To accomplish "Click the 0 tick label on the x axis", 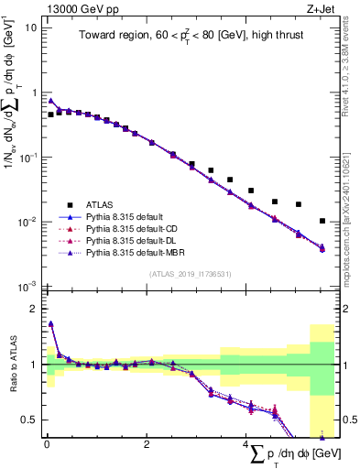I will coord(47,443).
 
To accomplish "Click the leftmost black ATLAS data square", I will coord(50,115).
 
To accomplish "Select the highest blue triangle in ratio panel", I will coord(50,323).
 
